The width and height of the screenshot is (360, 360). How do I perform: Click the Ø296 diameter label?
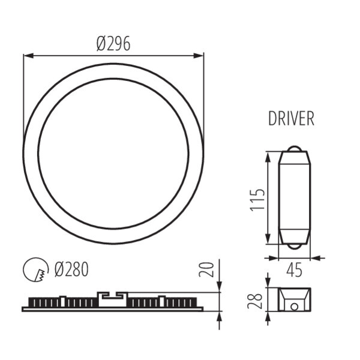(113, 44)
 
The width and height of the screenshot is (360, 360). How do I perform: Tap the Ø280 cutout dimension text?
(71, 269)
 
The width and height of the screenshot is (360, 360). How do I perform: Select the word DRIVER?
(291, 118)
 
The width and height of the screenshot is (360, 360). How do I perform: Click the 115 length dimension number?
(258, 200)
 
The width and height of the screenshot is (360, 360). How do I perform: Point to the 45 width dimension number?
(294, 270)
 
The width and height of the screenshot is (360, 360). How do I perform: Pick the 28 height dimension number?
(255, 301)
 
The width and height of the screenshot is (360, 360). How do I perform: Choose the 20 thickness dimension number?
(206, 269)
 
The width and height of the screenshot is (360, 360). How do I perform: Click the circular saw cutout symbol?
(36, 269)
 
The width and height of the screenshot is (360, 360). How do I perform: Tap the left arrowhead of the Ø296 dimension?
(29, 56)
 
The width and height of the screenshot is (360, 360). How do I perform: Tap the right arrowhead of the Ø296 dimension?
(199, 56)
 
